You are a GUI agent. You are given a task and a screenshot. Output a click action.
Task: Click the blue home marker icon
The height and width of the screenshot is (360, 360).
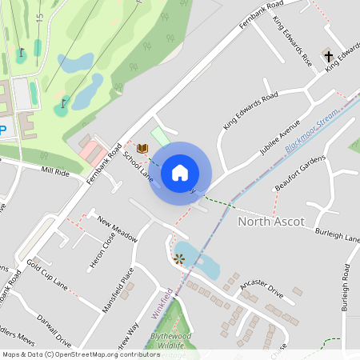click(x=180, y=173)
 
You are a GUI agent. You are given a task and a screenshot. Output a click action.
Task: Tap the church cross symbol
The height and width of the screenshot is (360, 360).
click(x=328, y=55)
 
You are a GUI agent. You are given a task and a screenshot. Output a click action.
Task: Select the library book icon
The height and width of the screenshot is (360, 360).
click(x=142, y=148)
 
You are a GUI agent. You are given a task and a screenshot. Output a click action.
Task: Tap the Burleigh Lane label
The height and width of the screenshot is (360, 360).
click(x=337, y=237)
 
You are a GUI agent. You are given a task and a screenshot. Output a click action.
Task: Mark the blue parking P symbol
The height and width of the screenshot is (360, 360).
click(x=3, y=130)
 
